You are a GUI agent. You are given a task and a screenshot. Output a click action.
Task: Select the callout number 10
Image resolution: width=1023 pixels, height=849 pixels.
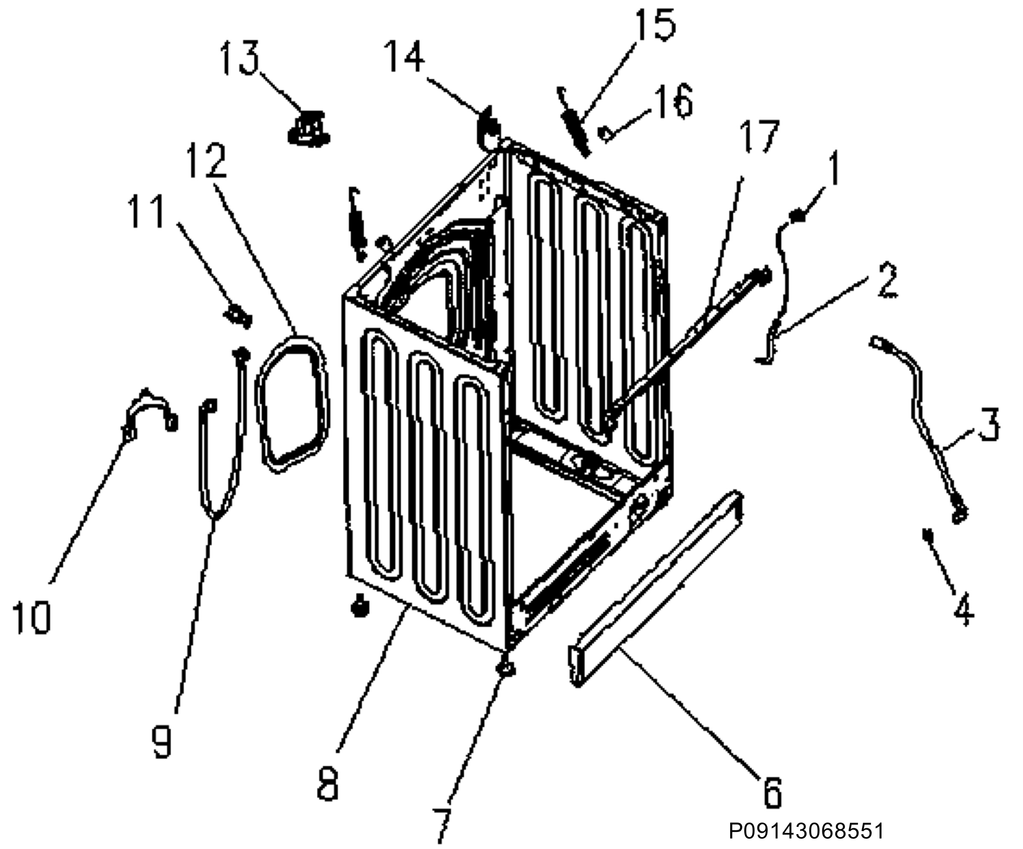[32, 617]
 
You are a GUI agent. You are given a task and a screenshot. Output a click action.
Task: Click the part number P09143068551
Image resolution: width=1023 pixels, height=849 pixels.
[806, 831]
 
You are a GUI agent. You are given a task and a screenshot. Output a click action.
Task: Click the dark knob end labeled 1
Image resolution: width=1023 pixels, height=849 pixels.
[798, 215]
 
